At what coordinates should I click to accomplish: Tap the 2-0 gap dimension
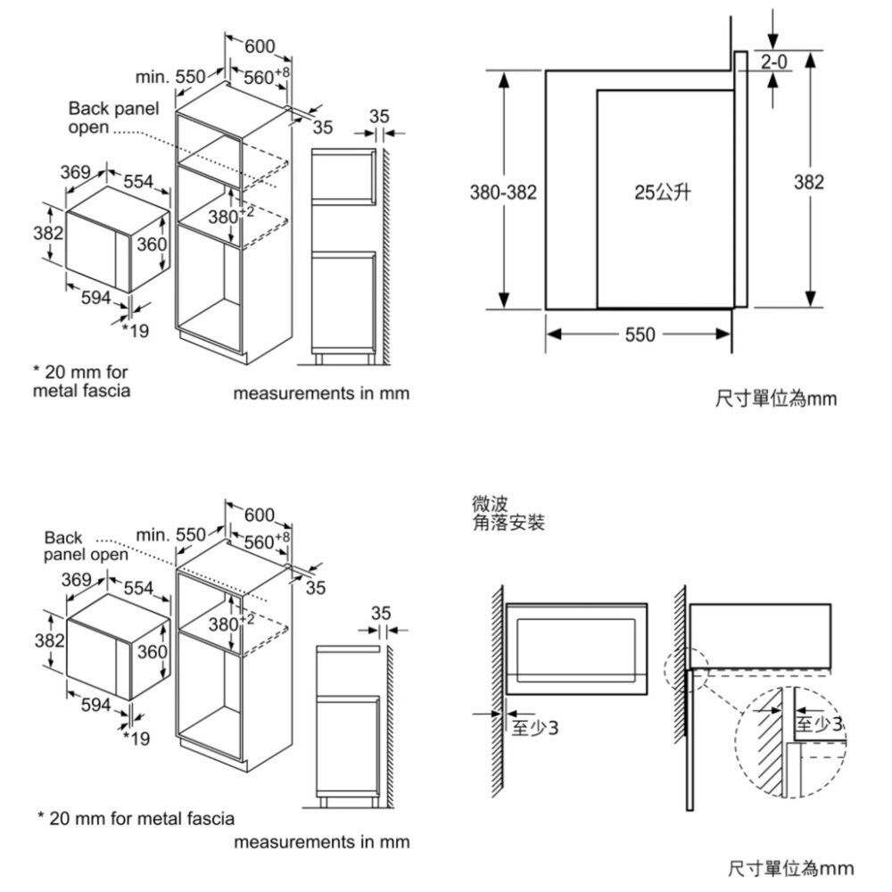[773, 62]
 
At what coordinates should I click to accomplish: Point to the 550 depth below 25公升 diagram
[640, 334]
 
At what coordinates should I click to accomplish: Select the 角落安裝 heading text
[508, 523]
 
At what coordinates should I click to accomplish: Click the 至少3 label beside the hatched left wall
[535, 729]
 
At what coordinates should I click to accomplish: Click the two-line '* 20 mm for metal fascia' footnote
[81, 381]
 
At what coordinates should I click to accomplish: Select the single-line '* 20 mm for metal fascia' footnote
[135, 819]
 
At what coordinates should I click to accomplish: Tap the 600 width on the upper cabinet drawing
[260, 45]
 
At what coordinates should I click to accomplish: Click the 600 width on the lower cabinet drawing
[260, 515]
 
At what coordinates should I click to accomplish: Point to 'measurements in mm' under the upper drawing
[321, 393]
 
